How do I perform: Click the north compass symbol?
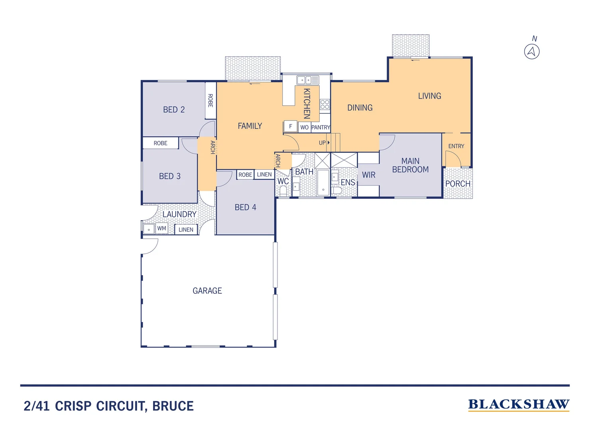[x=532, y=51]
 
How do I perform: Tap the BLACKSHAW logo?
[x=518, y=404]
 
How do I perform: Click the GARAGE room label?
[x=207, y=291]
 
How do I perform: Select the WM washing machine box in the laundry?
[x=161, y=229]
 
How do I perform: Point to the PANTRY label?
[x=321, y=127]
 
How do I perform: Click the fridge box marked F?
[x=291, y=126]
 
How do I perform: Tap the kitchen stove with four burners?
[x=325, y=105]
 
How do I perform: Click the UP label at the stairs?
[x=322, y=143]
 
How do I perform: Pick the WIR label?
[x=368, y=175]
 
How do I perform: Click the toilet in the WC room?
[x=283, y=191]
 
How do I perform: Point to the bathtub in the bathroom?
[x=323, y=183]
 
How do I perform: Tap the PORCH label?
[x=458, y=184]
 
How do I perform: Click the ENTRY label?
[x=456, y=146]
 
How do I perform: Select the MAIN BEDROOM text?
[x=410, y=165]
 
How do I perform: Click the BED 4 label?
[x=245, y=208]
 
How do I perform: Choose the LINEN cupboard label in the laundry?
[x=186, y=230]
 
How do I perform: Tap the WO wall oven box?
[x=304, y=127]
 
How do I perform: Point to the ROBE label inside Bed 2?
[x=210, y=101]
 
